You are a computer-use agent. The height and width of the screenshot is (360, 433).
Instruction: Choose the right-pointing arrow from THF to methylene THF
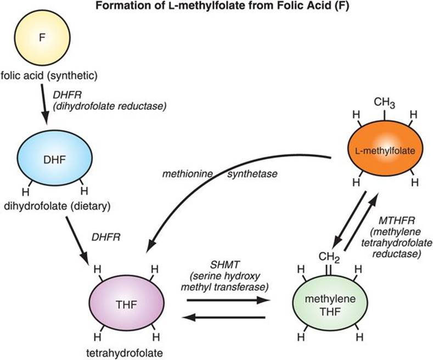point(227,300)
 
